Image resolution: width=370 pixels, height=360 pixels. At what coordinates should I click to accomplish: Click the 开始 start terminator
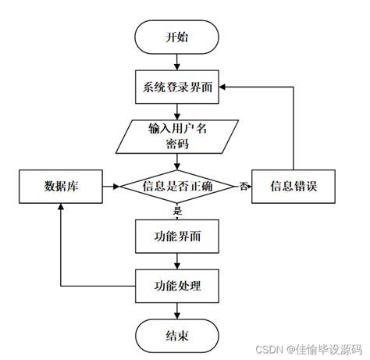[178, 37]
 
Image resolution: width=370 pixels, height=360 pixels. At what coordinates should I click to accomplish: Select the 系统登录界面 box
[178, 87]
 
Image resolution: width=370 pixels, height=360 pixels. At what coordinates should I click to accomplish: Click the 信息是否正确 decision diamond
[178, 187]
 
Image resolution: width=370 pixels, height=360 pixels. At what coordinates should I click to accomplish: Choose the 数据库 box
[61, 187]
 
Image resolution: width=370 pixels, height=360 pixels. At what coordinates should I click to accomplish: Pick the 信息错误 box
[293, 187]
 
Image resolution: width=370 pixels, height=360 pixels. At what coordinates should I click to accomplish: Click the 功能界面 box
[178, 233]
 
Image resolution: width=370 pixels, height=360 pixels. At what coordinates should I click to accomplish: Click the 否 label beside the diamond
[244, 187]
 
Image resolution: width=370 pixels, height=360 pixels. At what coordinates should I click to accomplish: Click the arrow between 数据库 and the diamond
[109, 187]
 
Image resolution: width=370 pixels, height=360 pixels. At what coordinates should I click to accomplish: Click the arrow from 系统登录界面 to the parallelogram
[178, 110]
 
